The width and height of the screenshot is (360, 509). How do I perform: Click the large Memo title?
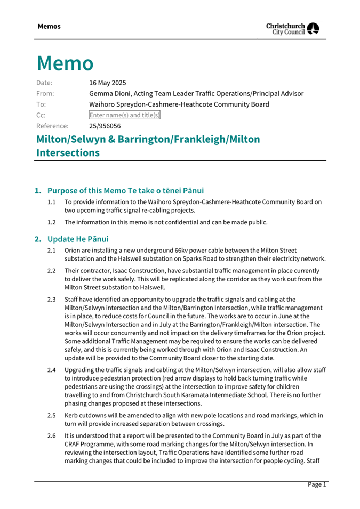tap(65, 63)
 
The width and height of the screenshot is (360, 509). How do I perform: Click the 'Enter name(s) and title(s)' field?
tap(125, 115)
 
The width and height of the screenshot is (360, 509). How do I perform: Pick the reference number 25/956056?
tap(105, 126)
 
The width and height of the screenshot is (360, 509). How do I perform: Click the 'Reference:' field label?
tap(52, 126)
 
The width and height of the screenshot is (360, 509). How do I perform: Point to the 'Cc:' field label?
tap(41, 115)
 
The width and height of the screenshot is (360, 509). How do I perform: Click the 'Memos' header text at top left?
tap(49, 26)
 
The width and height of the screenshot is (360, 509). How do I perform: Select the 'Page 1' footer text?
tap(316, 484)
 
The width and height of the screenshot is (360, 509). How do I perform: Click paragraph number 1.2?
tap(51, 222)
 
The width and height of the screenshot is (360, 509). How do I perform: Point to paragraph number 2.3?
tap(51, 300)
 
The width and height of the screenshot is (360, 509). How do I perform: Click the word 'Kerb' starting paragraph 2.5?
tap(72, 415)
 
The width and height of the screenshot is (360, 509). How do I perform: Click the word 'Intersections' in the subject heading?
tap(68, 153)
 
